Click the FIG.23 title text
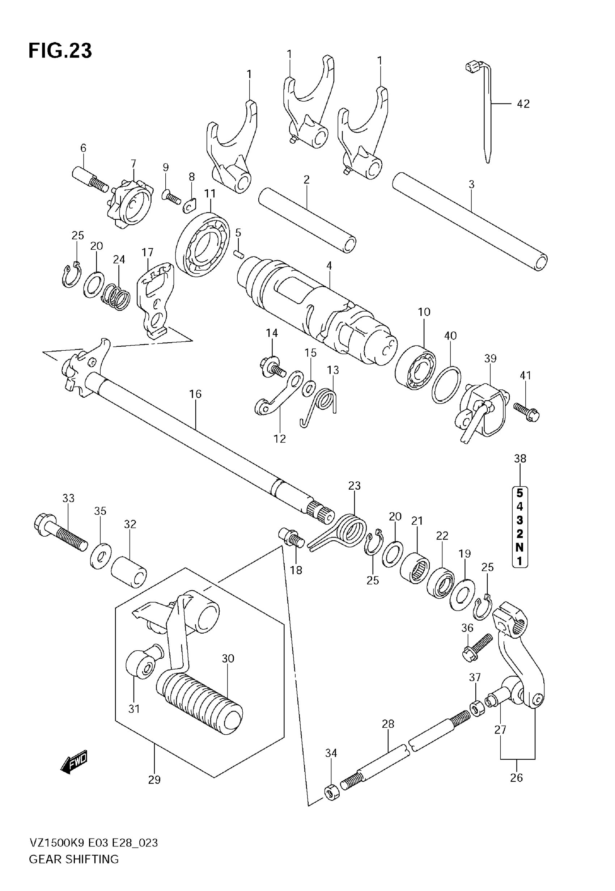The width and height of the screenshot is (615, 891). [60, 50]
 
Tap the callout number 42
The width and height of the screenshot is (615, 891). [523, 104]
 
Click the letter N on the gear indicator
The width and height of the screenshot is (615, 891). [519, 547]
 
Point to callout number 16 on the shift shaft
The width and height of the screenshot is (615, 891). [195, 394]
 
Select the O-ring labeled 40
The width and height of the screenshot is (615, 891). [446, 385]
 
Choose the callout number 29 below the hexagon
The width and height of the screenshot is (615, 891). [154, 780]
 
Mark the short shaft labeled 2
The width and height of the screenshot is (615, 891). [307, 220]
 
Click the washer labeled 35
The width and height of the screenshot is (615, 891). [101, 557]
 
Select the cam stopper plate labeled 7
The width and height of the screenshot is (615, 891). [130, 204]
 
